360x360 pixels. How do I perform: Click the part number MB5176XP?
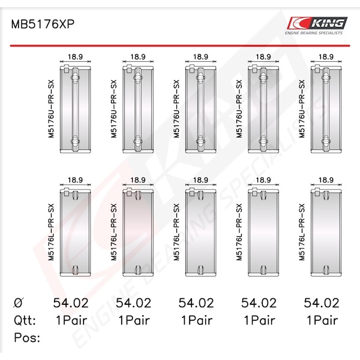click(x=43, y=24)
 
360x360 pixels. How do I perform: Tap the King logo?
click(x=317, y=23)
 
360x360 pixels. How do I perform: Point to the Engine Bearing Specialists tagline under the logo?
click(x=314, y=33)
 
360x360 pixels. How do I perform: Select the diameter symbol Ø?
click(x=19, y=303)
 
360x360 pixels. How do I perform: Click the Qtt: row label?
click(x=25, y=320)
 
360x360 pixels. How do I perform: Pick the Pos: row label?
click(x=27, y=337)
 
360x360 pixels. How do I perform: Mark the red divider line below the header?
click(x=180, y=46)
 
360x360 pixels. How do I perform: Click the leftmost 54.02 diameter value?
click(x=71, y=303)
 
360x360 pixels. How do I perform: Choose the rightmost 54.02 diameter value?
click(x=322, y=303)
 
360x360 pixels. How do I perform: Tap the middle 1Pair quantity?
click(x=197, y=320)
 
